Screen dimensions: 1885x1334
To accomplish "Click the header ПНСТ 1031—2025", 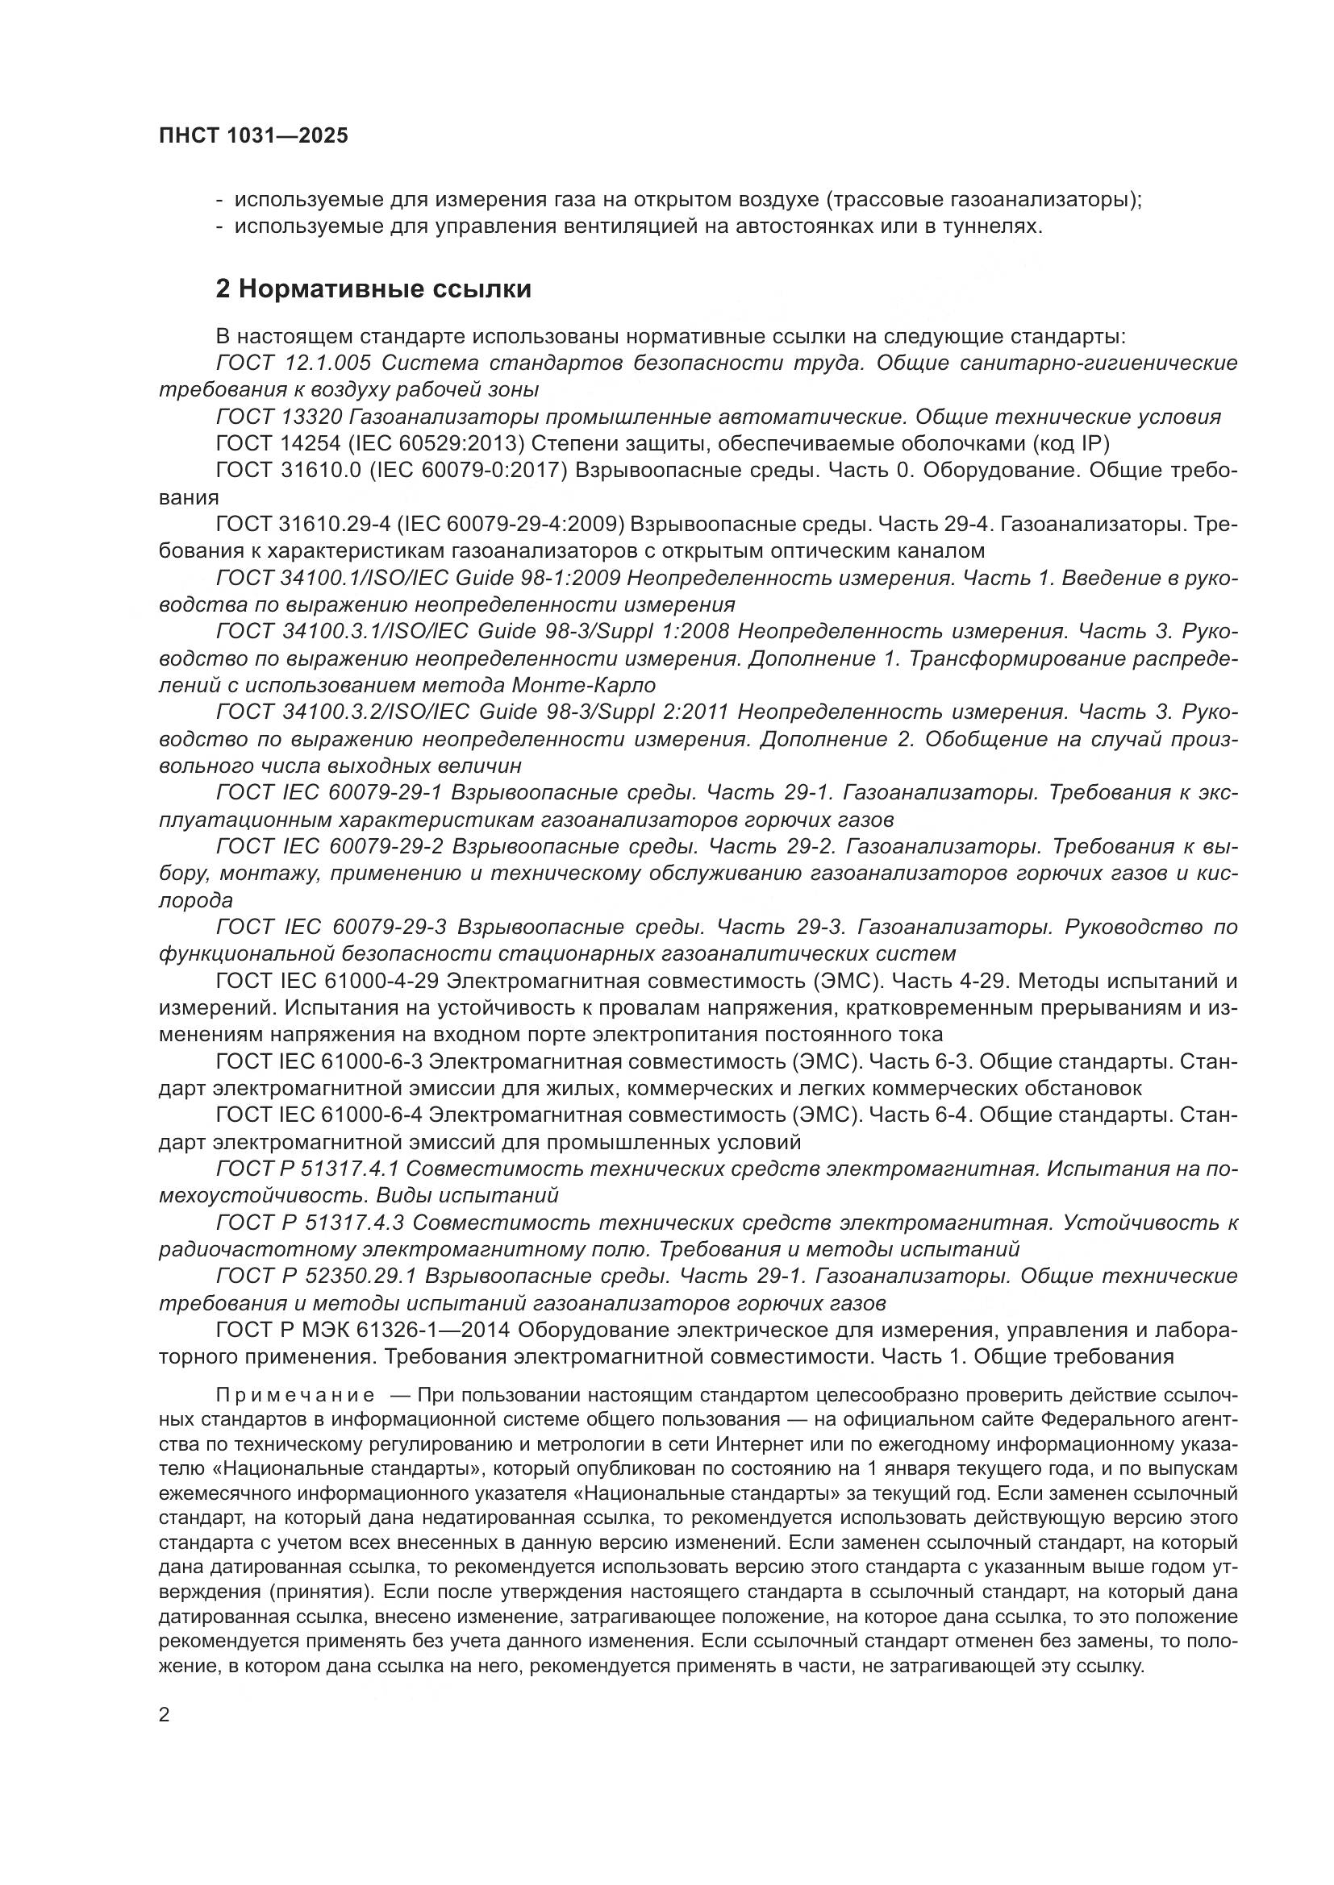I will (253, 135).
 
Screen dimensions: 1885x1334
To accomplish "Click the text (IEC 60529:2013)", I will (436, 444).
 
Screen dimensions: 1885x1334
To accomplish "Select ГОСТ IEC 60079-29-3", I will (331, 927).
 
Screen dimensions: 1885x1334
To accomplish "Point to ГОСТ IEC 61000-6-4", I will (319, 1115).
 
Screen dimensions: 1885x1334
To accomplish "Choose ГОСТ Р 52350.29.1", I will (317, 1276).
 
